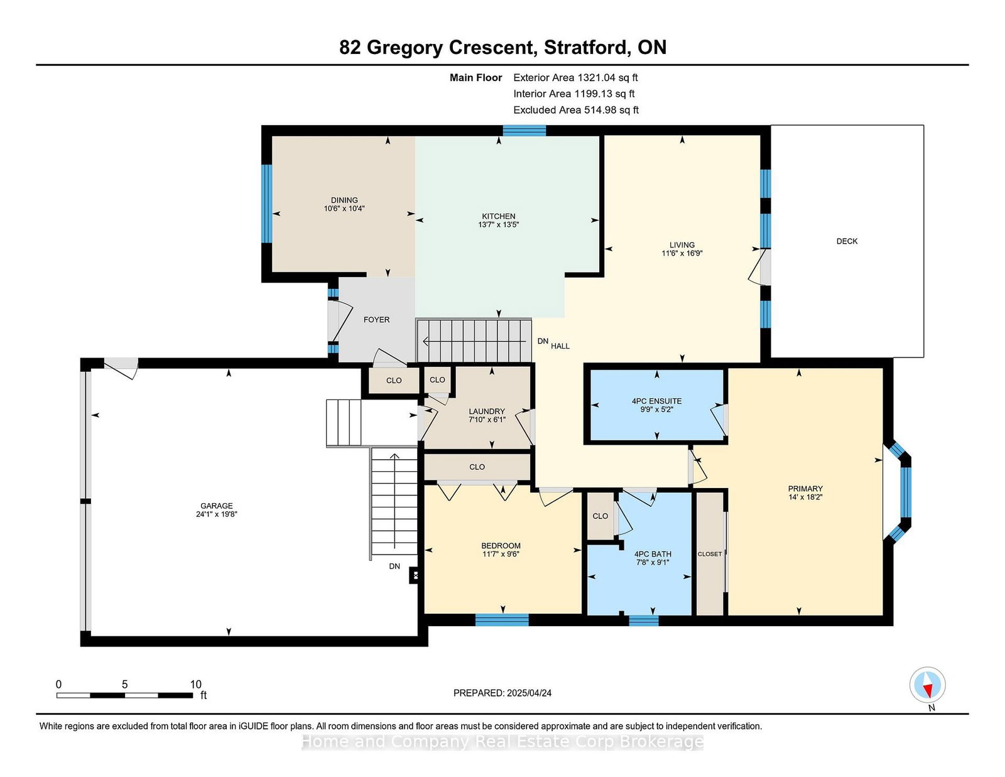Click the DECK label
[847, 241]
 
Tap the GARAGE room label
[217, 506]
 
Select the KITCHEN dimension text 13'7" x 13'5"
[499, 225]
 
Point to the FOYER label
[376, 320]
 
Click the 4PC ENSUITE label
[657, 401]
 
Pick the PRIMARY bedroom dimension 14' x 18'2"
[805, 497]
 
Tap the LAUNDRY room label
[487, 411]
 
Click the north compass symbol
[927, 685]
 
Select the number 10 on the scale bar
[195, 684]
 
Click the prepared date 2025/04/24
[529, 693]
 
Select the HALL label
[560, 346]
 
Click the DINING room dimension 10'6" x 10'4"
[344, 209]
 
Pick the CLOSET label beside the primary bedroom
[709, 554]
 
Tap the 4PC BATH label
[653, 554]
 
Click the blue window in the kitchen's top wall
[524, 131]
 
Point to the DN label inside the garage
[394, 566]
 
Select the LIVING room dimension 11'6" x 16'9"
[682, 253]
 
